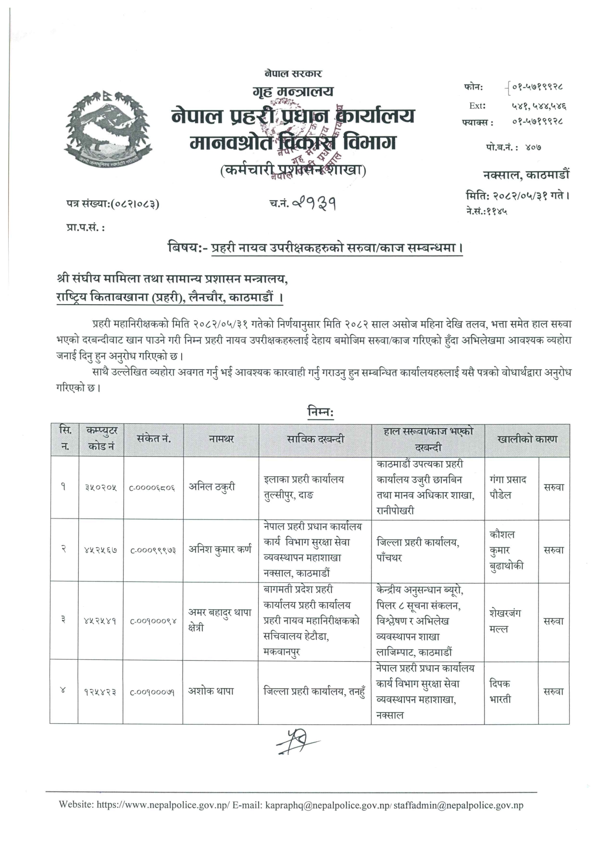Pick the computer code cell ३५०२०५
[101, 487]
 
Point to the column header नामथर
[221, 439]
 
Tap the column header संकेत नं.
[153, 439]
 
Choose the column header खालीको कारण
[527, 439]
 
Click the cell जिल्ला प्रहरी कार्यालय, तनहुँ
[314, 691]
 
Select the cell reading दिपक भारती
[500, 691]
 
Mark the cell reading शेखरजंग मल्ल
[505, 620]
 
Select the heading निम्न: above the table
[320, 412]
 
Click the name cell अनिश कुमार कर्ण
[220, 549]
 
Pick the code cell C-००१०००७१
[152, 692]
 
